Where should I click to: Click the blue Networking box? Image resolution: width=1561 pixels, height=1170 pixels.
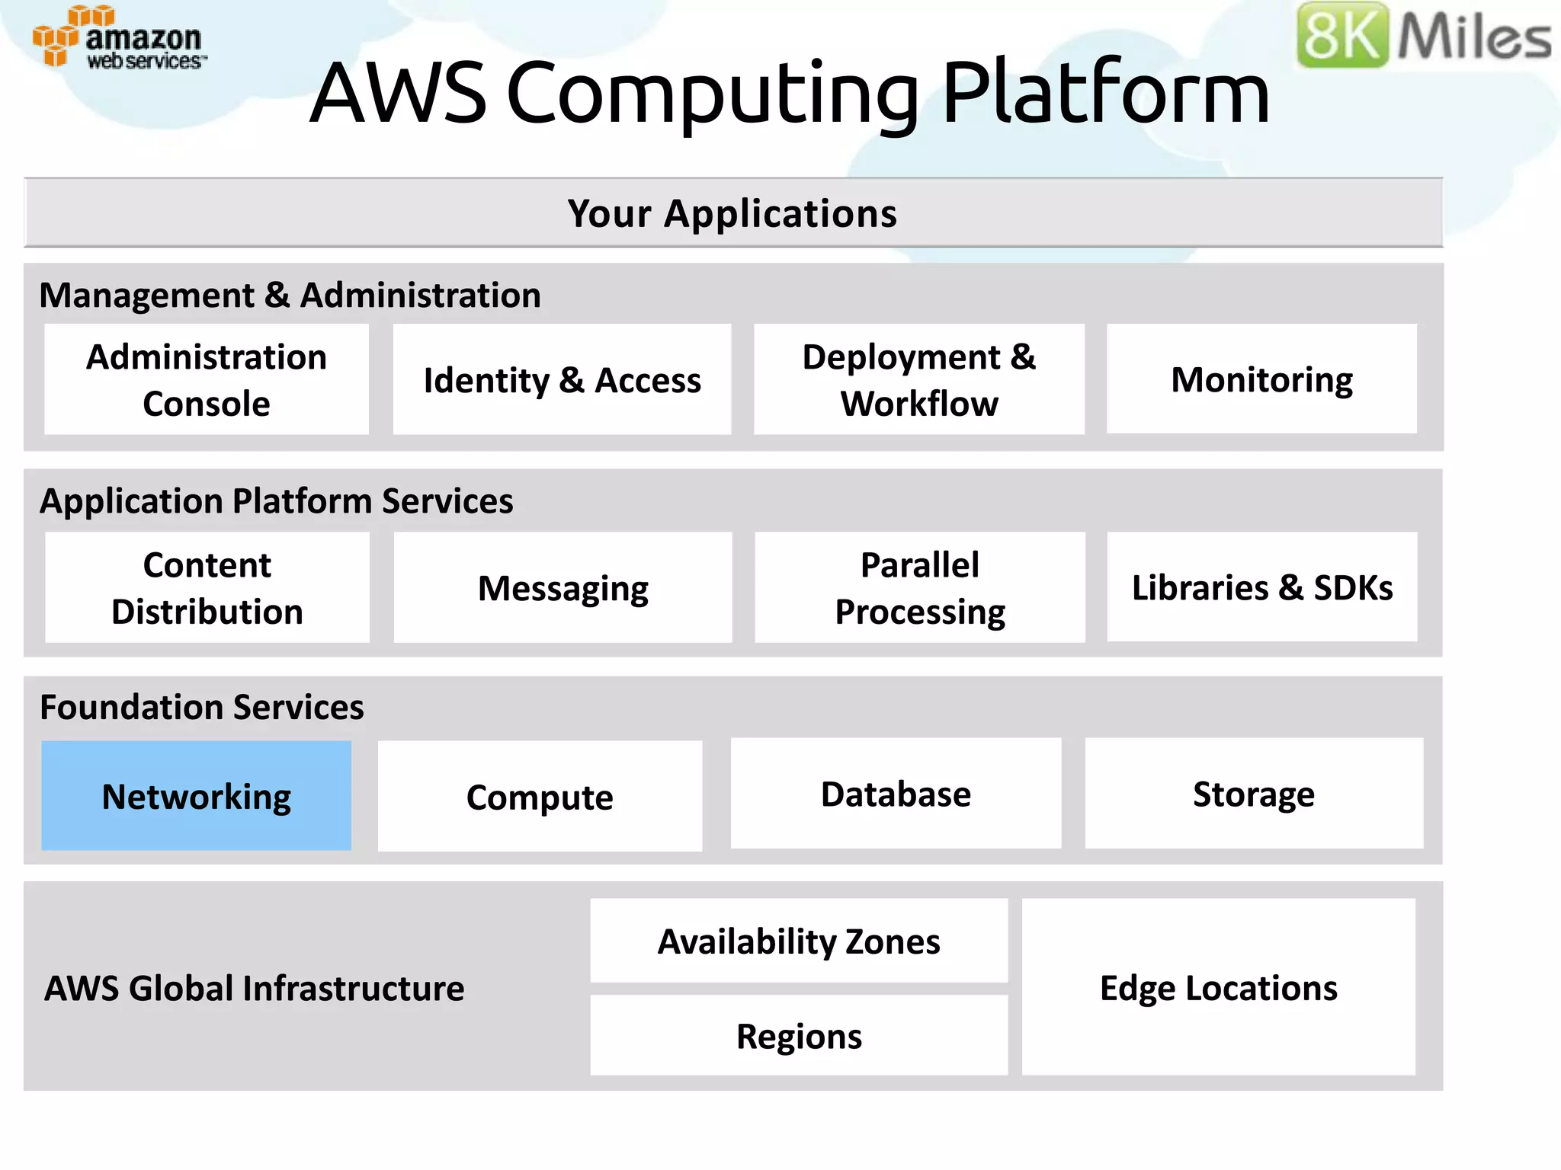pyautogui.click(x=196, y=795)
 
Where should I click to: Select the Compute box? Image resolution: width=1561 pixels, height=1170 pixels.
pyautogui.click(x=540, y=796)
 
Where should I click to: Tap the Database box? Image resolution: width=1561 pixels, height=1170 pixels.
pyautogui.click(x=896, y=793)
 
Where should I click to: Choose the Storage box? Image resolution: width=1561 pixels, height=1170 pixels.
pyautogui.click(x=1254, y=793)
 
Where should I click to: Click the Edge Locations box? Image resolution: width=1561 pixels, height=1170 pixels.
pyautogui.click(x=1218, y=987)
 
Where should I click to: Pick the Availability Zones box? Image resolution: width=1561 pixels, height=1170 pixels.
pyautogui.click(x=799, y=941)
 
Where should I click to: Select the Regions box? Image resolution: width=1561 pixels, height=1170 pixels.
pyautogui.click(x=799, y=1035)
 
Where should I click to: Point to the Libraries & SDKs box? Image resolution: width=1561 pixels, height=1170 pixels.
pyautogui.click(x=1262, y=587)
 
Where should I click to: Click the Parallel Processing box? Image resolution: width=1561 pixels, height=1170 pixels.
pyautogui.click(x=920, y=587)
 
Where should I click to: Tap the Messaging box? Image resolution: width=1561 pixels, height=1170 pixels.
pyautogui.click(x=563, y=587)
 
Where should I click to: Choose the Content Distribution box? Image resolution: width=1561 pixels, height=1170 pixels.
pyautogui.click(x=207, y=587)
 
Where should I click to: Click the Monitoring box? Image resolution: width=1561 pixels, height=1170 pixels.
pyautogui.click(x=1261, y=379)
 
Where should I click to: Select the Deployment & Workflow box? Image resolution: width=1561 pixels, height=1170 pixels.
pyautogui.click(x=919, y=379)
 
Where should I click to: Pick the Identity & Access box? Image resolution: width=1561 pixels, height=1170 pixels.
pyautogui.click(x=562, y=379)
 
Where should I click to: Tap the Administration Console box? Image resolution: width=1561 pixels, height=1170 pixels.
pyautogui.click(x=206, y=379)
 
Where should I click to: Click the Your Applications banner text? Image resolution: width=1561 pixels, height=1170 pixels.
pyautogui.click(x=732, y=213)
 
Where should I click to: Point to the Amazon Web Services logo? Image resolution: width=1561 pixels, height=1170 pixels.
pyautogui.click(x=118, y=38)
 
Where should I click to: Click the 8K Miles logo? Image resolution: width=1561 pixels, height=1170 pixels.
pyautogui.click(x=1423, y=35)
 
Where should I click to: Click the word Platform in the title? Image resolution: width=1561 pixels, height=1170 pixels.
pyautogui.click(x=1105, y=93)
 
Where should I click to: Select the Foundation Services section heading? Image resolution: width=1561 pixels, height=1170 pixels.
pyautogui.click(x=201, y=707)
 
